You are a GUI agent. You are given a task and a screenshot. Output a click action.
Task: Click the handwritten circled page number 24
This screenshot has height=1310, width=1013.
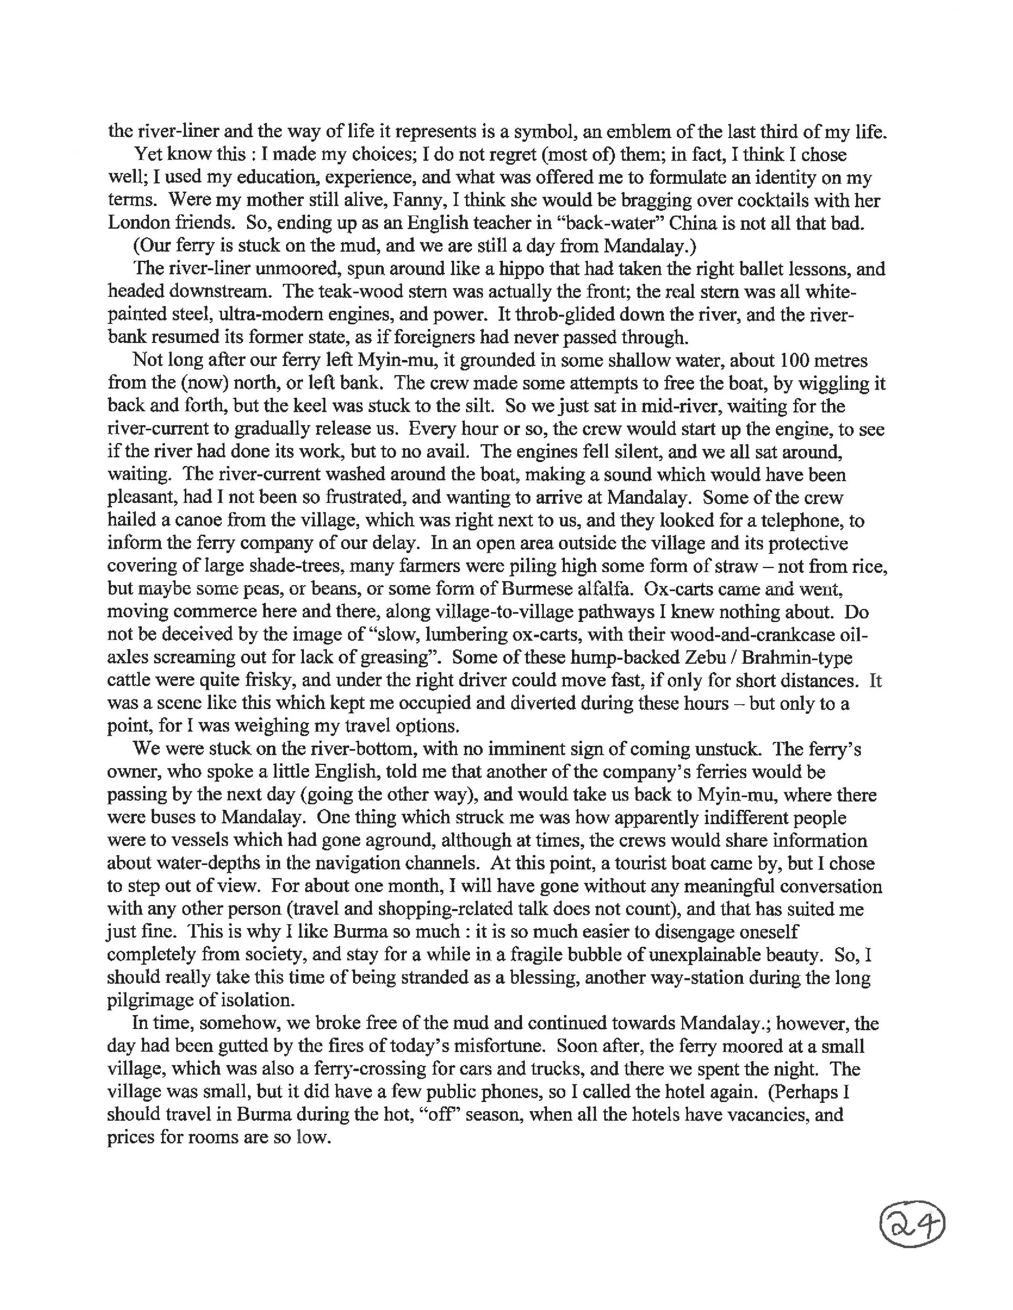[912, 1225]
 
